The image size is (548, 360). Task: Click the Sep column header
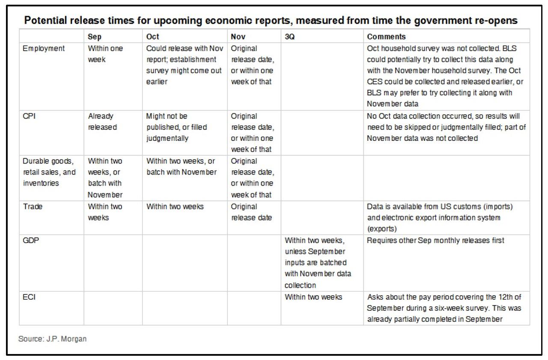click(95, 37)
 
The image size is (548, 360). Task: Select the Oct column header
click(152, 37)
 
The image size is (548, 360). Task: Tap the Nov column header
click(238, 37)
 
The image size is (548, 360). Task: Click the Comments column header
click(387, 37)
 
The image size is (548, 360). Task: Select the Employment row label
click(44, 48)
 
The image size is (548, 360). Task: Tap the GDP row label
click(30, 241)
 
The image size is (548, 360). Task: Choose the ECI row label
click(29, 297)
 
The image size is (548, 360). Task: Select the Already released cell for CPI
click(102, 122)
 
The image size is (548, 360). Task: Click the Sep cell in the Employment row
click(105, 54)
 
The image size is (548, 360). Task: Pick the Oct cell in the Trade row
click(175, 206)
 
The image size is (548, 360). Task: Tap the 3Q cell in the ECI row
click(313, 297)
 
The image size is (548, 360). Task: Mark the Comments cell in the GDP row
click(435, 241)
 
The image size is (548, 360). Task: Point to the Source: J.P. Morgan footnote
click(53, 339)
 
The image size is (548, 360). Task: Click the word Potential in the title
click(41, 20)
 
